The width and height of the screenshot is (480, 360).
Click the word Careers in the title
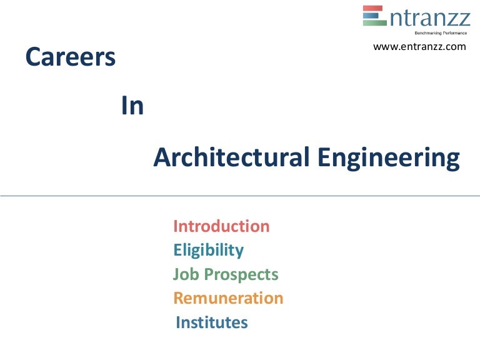[70, 58]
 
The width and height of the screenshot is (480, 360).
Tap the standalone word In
[132, 107]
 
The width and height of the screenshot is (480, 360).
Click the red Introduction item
[221, 226]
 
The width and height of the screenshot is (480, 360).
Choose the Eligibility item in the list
[208, 251]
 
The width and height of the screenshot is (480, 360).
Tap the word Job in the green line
[184, 274]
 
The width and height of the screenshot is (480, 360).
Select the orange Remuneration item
[228, 298]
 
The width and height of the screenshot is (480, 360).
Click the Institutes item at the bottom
[212, 322]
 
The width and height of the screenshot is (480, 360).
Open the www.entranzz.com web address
[419, 47]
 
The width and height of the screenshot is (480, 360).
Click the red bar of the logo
[374, 9]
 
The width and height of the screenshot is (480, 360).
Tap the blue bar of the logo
[374, 16]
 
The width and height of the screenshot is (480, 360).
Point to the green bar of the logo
[374, 22]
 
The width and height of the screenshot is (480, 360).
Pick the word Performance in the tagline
[452, 32]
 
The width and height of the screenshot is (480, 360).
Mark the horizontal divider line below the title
[240, 196]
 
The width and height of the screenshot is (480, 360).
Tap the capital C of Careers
[32, 58]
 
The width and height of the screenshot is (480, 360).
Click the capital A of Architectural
[162, 157]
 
